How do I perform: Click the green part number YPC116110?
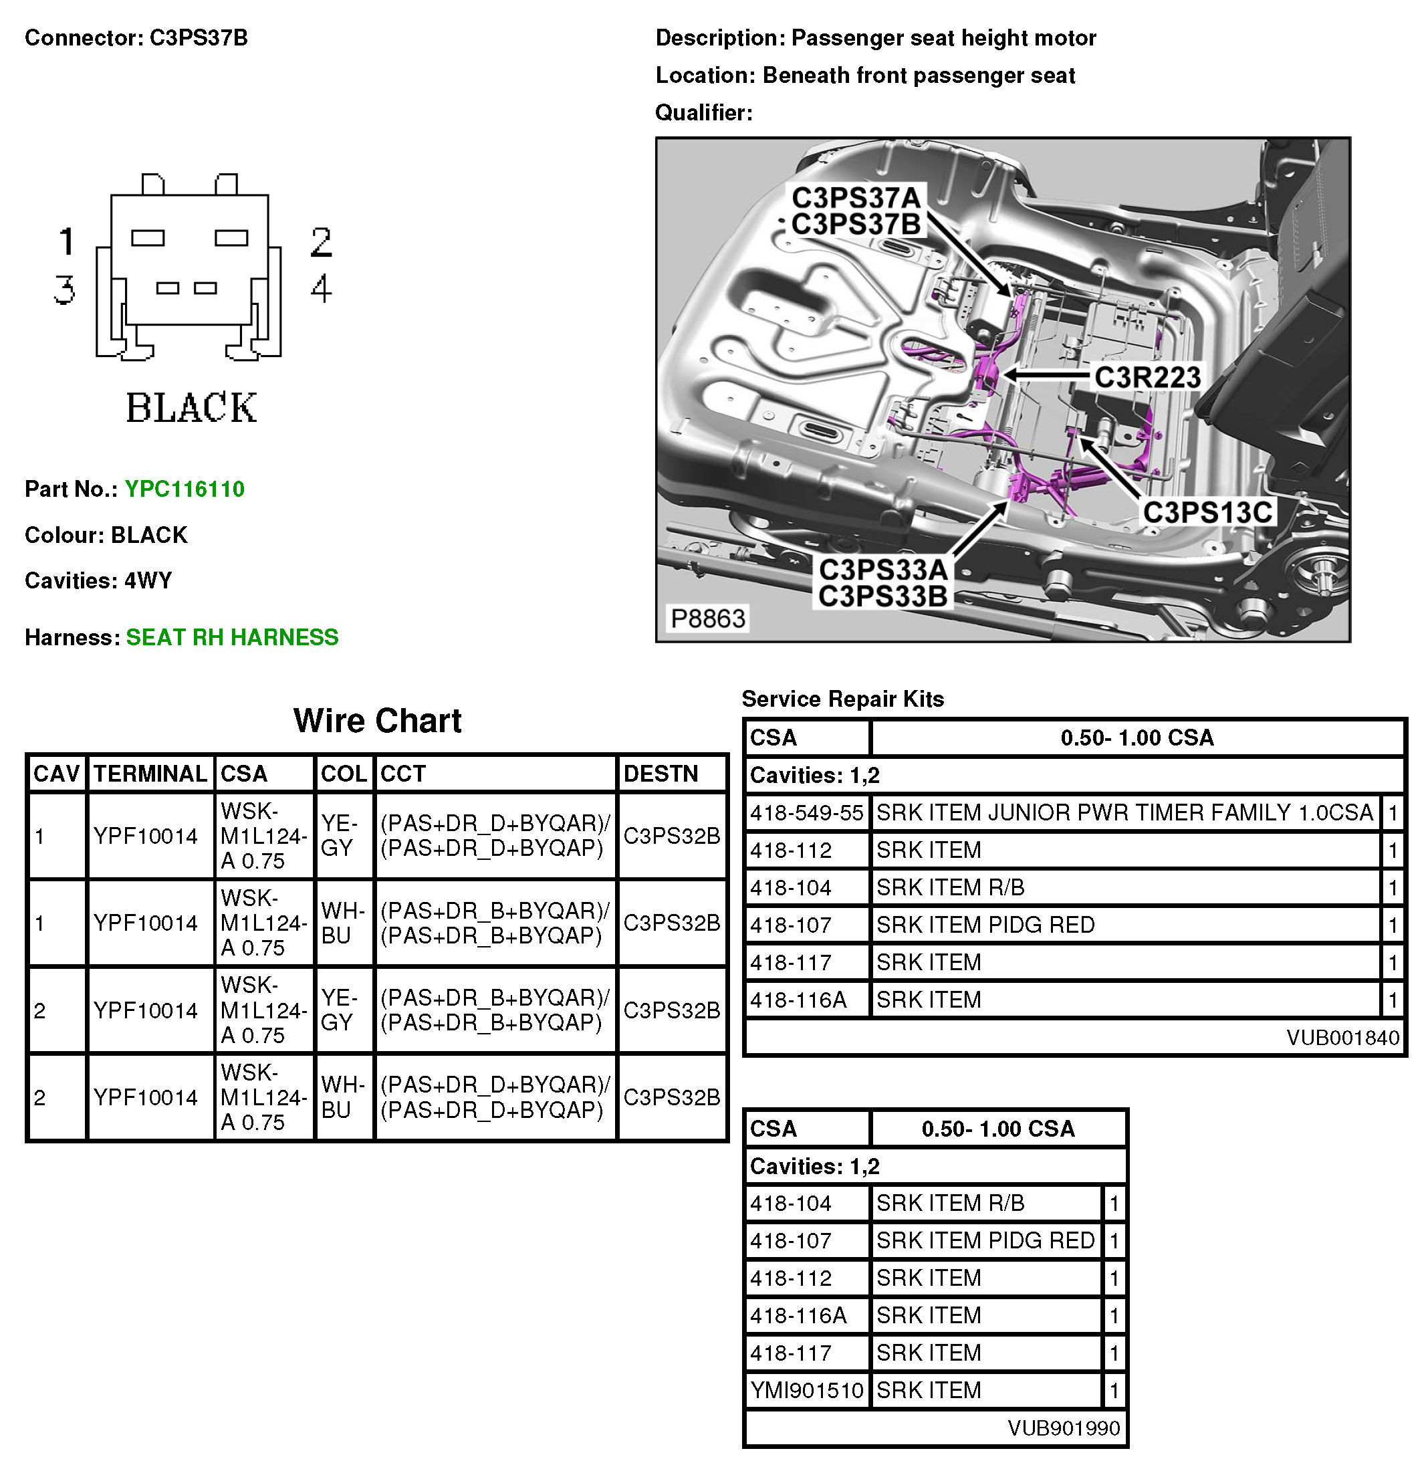pos(185,489)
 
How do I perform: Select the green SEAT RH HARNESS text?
pos(232,637)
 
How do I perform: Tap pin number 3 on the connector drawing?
pos(65,289)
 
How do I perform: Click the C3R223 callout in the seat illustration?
pos(1147,376)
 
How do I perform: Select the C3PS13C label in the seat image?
pos(1207,513)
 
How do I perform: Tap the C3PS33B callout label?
pos(882,596)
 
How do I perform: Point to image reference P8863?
pos(707,618)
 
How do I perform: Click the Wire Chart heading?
pos(378,721)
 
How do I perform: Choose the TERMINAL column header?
pos(150,774)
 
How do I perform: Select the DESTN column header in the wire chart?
pos(661,774)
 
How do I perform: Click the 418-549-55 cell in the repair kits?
pos(807,813)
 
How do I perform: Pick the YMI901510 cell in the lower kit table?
pos(807,1390)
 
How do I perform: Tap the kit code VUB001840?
pos(1342,1037)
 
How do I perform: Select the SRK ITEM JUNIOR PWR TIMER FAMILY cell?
pos(1124,813)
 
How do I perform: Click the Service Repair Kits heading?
pos(842,699)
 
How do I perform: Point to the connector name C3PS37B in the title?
pos(199,37)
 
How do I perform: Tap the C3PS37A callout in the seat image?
pos(856,198)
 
